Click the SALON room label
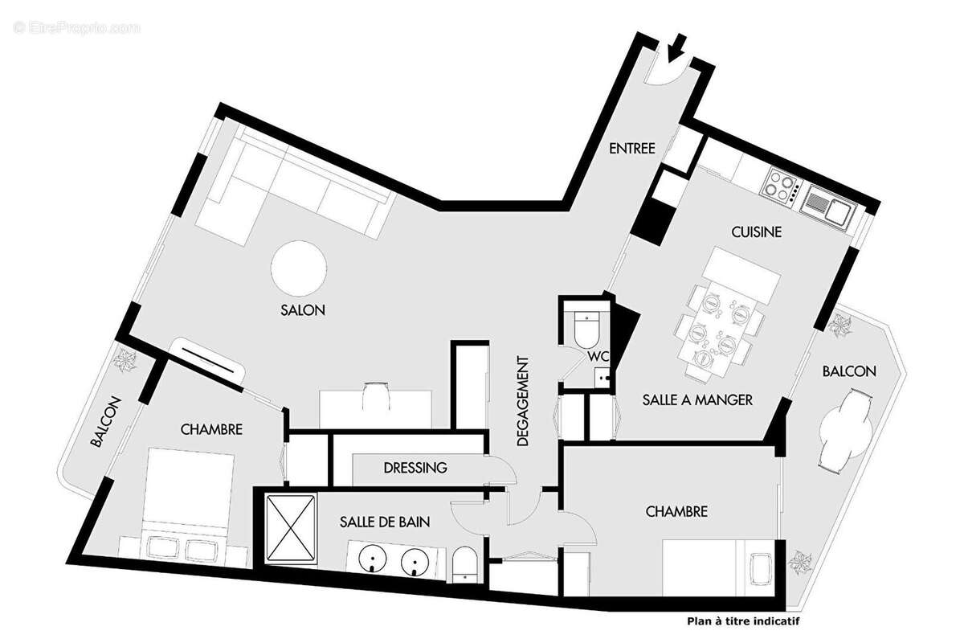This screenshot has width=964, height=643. [x=303, y=310]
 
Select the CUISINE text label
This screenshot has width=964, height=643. [x=756, y=232]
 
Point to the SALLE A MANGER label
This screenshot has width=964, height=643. [x=696, y=399]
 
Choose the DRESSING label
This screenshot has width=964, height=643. [x=415, y=468]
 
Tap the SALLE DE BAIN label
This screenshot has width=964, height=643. [x=384, y=522]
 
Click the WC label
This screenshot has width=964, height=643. [x=597, y=355]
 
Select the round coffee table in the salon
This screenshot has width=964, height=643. [x=299, y=269]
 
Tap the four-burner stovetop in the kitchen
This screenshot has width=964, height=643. [x=778, y=186]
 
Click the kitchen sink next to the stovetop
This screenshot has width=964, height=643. [x=827, y=207]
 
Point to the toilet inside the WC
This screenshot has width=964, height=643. [x=586, y=326]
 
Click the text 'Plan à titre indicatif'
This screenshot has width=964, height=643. [x=743, y=620]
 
